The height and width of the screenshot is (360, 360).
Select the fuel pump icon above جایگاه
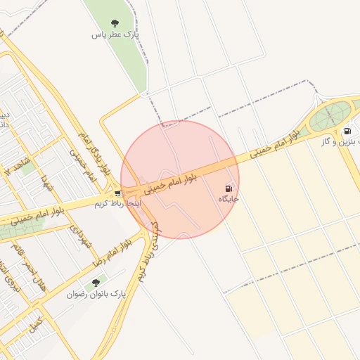228,188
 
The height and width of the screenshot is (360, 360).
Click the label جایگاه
229,199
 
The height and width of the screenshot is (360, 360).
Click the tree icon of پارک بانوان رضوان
96,283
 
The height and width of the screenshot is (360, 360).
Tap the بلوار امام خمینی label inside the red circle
176,178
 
